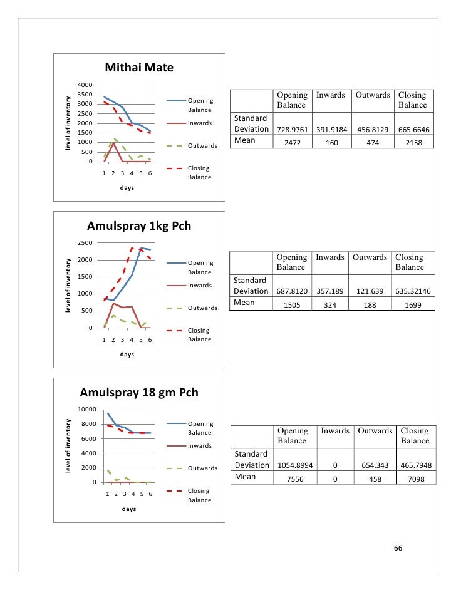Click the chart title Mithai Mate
[x=139, y=68]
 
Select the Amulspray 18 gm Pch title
[x=139, y=393]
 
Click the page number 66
[x=397, y=549]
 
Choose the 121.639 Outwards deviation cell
[x=370, y=291]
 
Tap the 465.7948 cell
[x=414, y=465]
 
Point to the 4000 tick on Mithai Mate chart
[x=85, y=85]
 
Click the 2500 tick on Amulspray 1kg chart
[x=85, y=243]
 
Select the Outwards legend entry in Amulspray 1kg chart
[x=202, y=308]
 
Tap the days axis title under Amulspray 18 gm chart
[x=128, y=509]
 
